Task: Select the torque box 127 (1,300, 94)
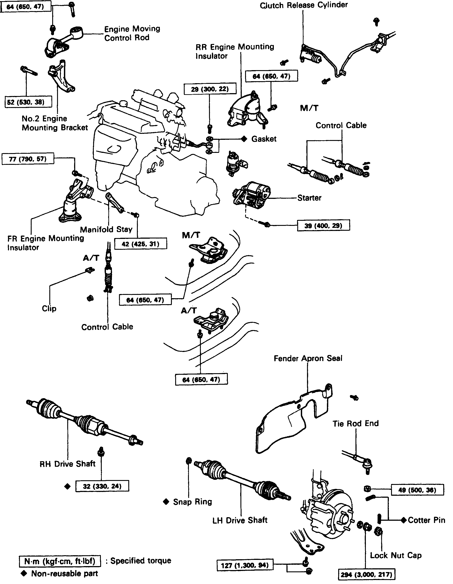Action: [245, 565]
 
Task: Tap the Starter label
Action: [309, 198]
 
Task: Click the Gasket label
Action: [264, 139]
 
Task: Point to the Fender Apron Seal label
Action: [308, 358]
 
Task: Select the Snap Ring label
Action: [192, 502]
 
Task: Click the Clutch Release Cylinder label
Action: [304, 5]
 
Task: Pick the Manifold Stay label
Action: [106, 229]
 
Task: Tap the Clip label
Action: [49, 308]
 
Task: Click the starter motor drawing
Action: [251, 195]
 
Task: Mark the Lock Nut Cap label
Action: [395, 555]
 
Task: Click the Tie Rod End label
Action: [355, 424]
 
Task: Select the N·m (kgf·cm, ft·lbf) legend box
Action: [60, 561]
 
